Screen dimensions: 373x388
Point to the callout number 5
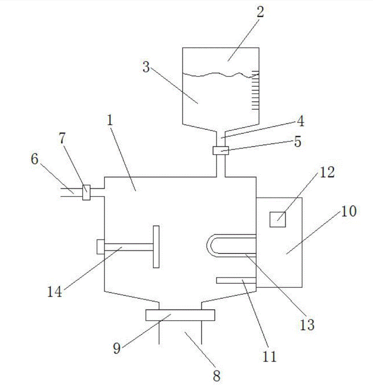tap(298, 142)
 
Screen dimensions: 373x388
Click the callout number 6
tap(35, 159)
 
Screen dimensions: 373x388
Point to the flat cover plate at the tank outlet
tap(180, 315)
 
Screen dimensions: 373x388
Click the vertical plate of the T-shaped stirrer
tap(156, 246)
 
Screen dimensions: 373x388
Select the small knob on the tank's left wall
tap(101, 246)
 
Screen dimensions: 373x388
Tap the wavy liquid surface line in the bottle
tap(216, 75)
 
